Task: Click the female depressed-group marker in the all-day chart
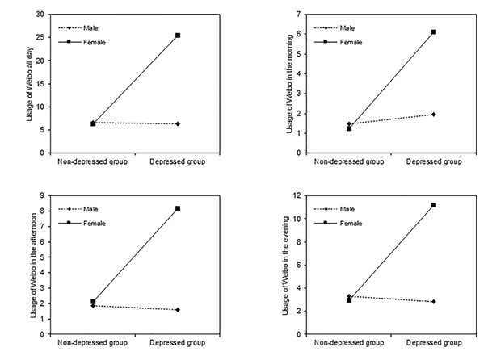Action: (178, 36)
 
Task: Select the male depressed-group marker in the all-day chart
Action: (178, 124)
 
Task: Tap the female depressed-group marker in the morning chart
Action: (434, 32)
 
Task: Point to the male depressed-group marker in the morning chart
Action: (434, 115)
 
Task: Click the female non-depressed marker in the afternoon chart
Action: (93, 302)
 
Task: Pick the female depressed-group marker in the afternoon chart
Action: (178, 208)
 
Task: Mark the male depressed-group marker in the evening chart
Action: (434, 302)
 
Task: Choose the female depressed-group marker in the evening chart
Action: (434, 205)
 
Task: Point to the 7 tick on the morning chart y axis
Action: (299, 15)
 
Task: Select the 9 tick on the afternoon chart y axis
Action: (42, 195)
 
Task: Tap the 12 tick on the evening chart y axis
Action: (297, 195)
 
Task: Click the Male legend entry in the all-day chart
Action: (78, 28)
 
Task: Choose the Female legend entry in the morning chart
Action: (338, 42)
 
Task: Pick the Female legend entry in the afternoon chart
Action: (82, 224)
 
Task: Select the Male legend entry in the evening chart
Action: (334, 209)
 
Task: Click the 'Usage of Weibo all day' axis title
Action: (30, 84)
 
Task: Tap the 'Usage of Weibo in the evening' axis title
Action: (286, 266)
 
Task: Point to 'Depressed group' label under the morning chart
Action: (434, 161)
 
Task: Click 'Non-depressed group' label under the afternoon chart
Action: (92, 343)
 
